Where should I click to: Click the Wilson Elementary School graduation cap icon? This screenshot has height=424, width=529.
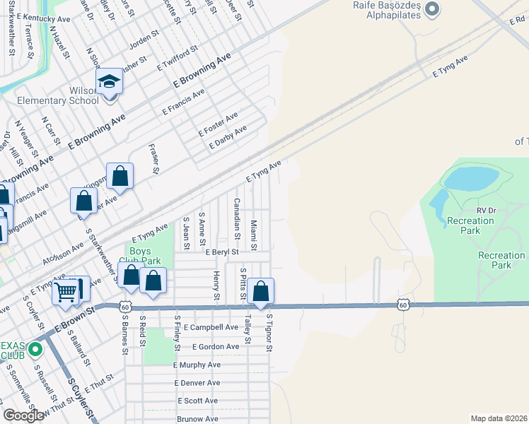point(110,82)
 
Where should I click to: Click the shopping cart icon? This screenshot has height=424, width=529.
point(65,290)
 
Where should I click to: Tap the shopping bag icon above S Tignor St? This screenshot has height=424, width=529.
point(261,290)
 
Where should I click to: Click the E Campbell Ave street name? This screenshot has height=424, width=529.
point(211,328)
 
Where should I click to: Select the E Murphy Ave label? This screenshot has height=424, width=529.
point(197,365)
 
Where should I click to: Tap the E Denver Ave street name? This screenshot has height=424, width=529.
point(197,383)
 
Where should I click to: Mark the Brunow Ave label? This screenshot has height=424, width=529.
point(197,419)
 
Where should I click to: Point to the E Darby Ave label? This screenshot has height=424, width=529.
point(228,137)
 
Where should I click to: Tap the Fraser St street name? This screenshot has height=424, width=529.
point(153,159)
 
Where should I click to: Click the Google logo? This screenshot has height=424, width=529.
point(23,416)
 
